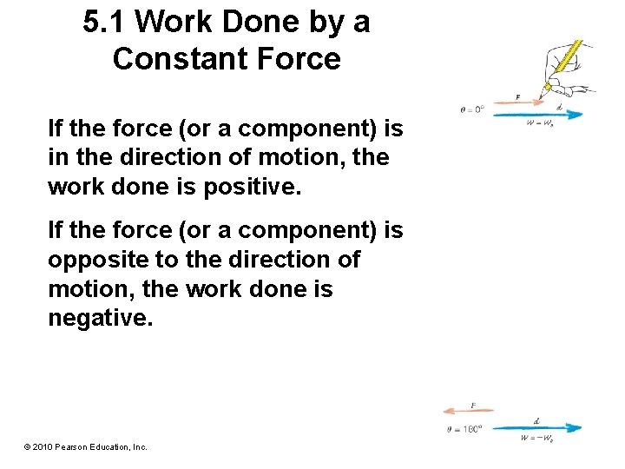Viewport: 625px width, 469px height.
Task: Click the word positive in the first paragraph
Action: (258, 188)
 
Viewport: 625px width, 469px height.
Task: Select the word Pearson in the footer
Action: (71, 446)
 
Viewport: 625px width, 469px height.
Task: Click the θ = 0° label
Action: (472, 110)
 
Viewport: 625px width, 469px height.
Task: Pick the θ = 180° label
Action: (464, 428)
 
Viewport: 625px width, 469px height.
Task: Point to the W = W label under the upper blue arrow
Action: (540, 123)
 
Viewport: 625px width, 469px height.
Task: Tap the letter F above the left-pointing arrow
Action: (473, 405)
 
